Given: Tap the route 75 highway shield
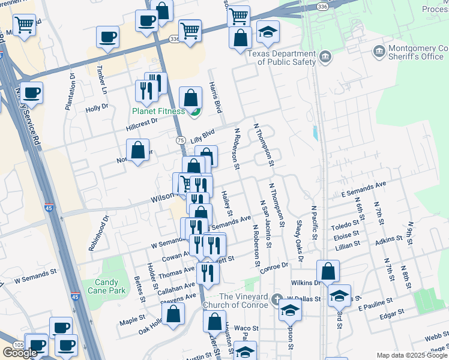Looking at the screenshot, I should (180, 139).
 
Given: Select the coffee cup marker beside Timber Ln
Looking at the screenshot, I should (107, 37).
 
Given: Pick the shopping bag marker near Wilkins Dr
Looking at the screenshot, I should (328, 271).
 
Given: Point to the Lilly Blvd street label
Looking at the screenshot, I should (202, 136).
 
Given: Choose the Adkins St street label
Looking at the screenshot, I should (389, 241).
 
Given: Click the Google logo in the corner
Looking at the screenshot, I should (20, 352).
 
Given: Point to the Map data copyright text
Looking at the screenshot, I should (412, 355).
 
